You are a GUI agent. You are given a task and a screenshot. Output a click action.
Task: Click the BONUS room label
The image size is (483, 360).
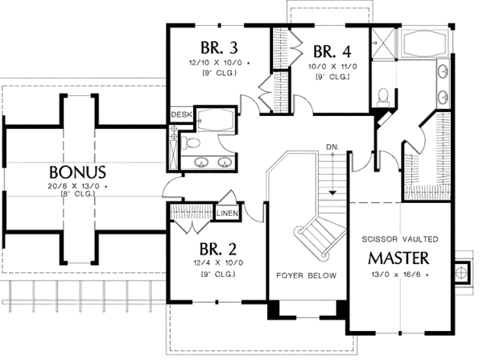[77, 172]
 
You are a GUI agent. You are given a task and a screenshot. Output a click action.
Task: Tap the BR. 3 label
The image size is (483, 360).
[213, 46]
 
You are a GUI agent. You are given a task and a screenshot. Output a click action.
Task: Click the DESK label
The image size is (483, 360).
[180, 115]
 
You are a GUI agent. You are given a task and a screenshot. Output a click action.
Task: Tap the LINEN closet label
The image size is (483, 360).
[226, 213]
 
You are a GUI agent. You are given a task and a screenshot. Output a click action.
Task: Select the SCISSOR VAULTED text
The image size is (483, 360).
[399, 239]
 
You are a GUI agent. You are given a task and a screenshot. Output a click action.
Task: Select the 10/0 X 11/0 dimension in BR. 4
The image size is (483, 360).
[328, 68]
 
